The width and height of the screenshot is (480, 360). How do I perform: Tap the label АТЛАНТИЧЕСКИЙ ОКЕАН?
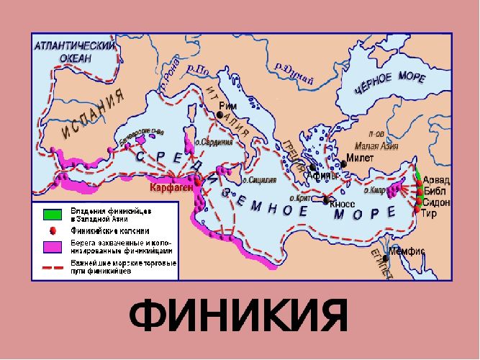pos(75,52)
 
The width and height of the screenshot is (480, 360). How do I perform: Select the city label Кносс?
pos(342,204)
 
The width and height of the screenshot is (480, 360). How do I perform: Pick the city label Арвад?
pos(438,179)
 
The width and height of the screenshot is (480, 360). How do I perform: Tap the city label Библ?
pos(435,191)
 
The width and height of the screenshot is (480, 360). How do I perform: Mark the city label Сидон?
pos(438,202)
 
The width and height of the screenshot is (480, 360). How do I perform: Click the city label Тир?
pos(430,214)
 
